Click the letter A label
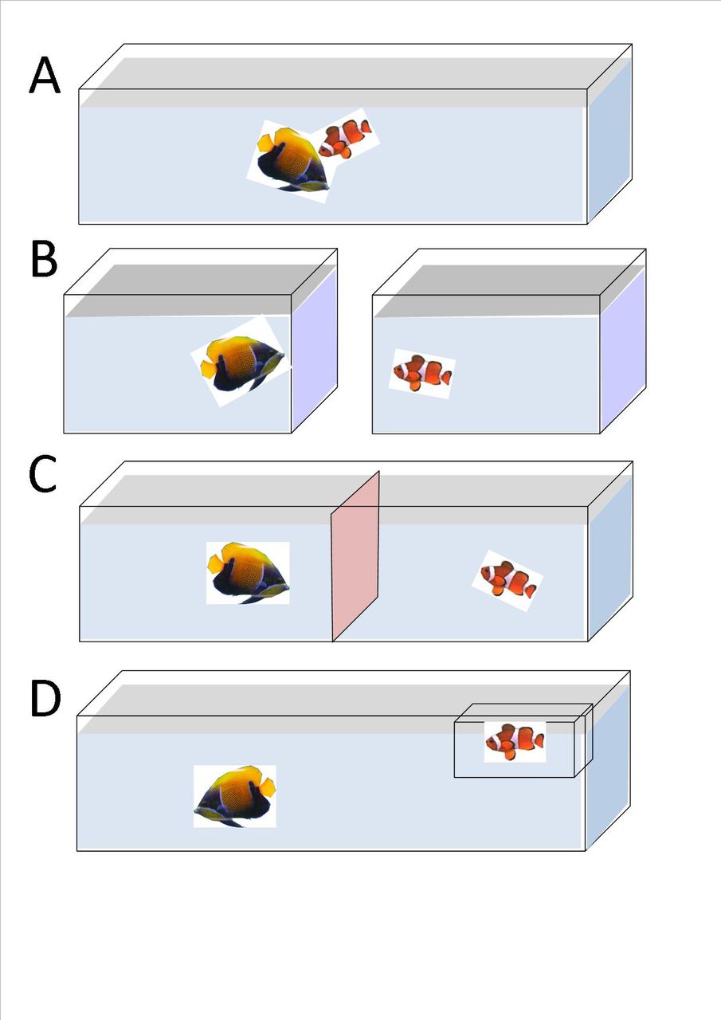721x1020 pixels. pyautogui.click(x=45, y=77)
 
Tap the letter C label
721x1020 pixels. pyautogui.click(x=42, y=475)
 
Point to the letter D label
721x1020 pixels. pyautogui.click(x=45, y=698)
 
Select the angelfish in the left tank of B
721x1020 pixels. pyautogui.click(x=242, y=362)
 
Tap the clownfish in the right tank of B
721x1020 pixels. pyautogui.click(x=422, y=373)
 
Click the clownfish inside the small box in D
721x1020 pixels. pyautogui.click(x=515, y=741)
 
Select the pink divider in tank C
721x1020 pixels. pyautogui.click(x=355, y=556)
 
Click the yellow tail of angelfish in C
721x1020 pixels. pyautogui.click(x=216, y=564)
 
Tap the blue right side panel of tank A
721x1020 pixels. pyautogui.click(x=609, y=139)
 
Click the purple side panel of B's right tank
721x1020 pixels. pyautogui.click(x=622, y=351)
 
